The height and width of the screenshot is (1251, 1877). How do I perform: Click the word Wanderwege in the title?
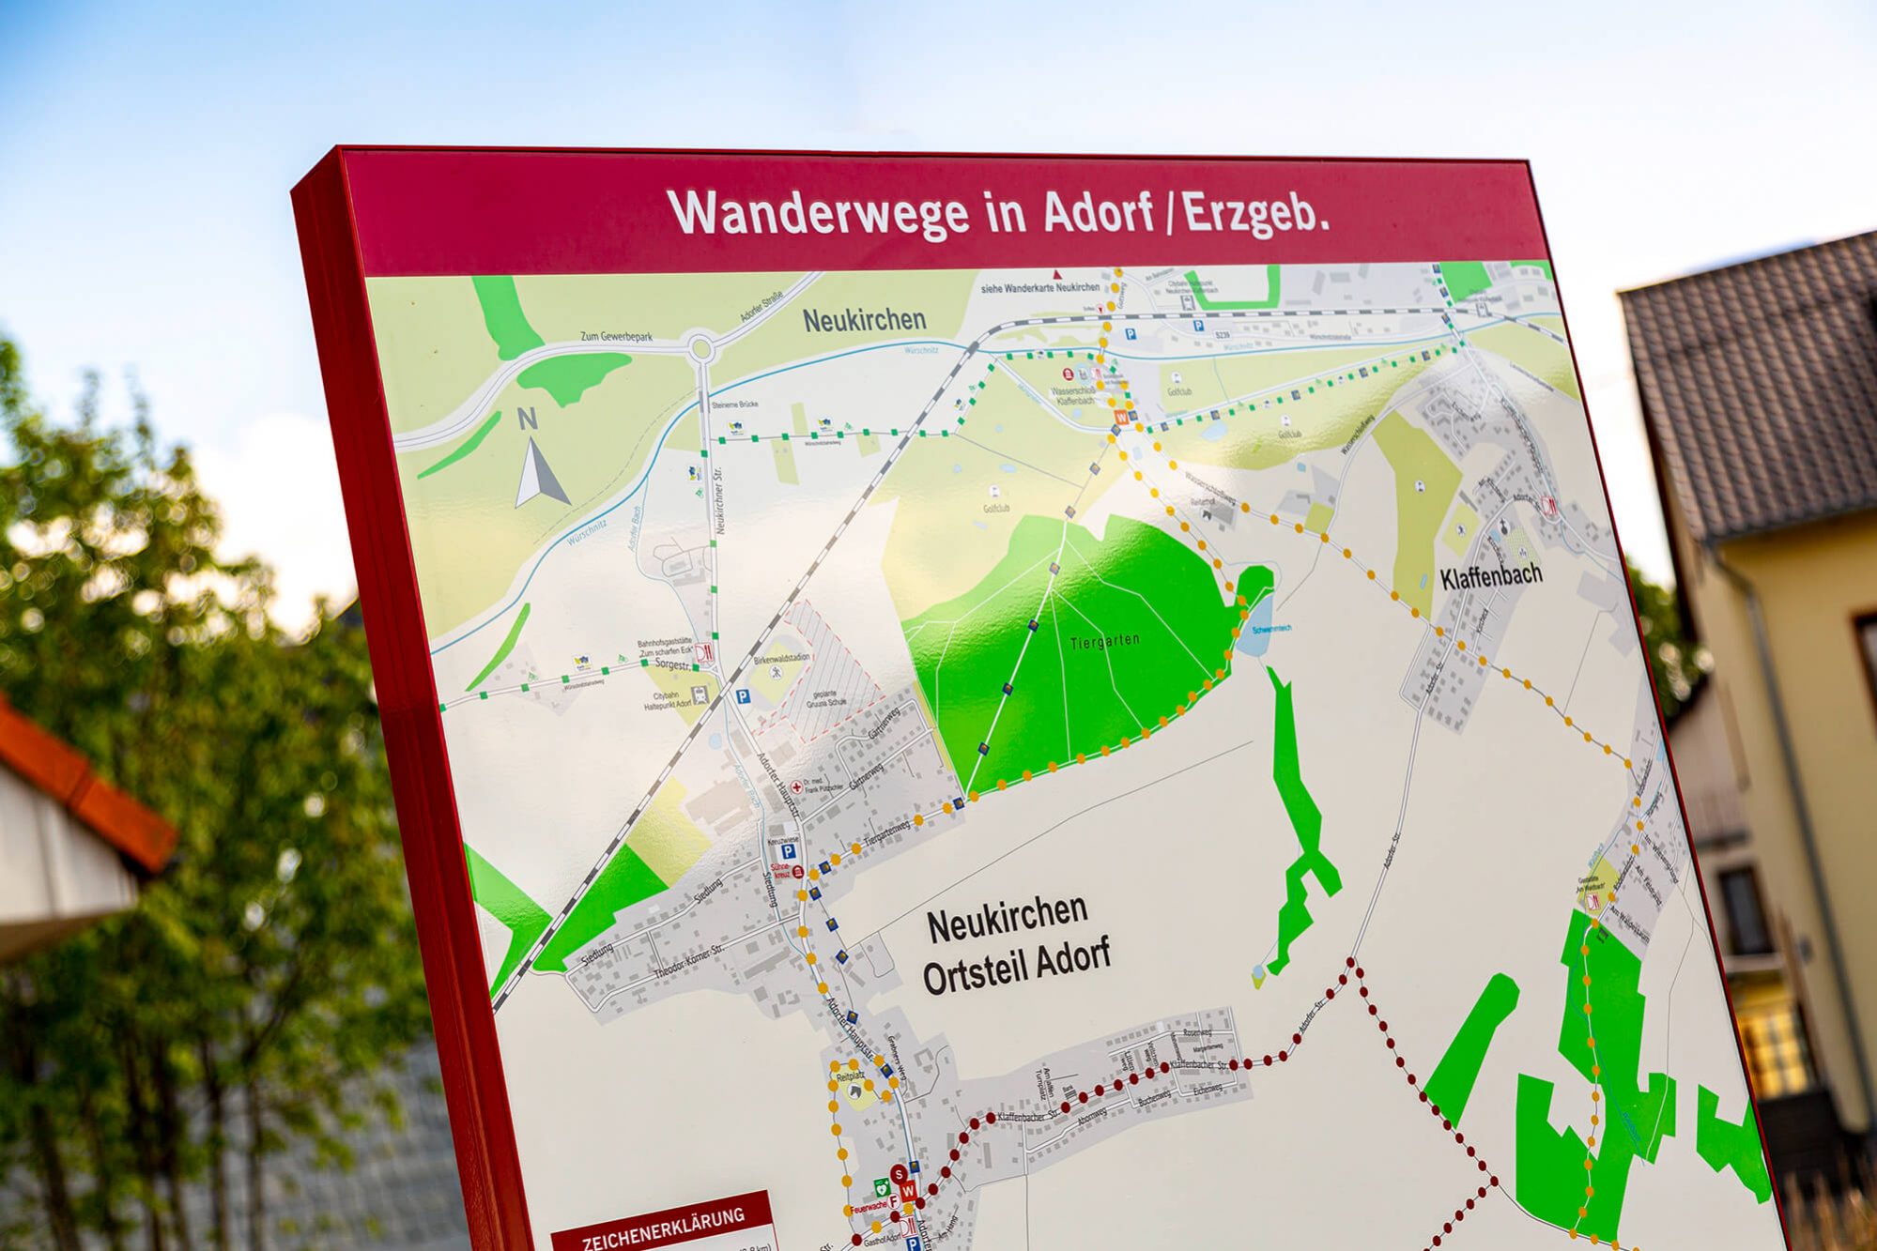click(x=817, y=213)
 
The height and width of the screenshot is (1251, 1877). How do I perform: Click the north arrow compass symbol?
click(x=538, y=465)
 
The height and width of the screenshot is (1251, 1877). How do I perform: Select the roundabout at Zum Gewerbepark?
click(x=700, y=350)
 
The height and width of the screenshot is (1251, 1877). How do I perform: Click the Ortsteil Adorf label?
click(x=1016, y=964)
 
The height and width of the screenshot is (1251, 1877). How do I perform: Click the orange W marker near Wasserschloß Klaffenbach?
click(x=1120, y=416)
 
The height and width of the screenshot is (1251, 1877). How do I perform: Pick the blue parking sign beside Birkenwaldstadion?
click(x=743, y=696)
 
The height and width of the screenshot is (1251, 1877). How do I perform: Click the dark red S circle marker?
click(x=899, y=1174)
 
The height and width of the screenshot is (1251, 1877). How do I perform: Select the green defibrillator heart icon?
click(x=880, y=1188)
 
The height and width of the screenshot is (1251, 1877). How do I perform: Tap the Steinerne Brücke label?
click(x=734, y=404)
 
